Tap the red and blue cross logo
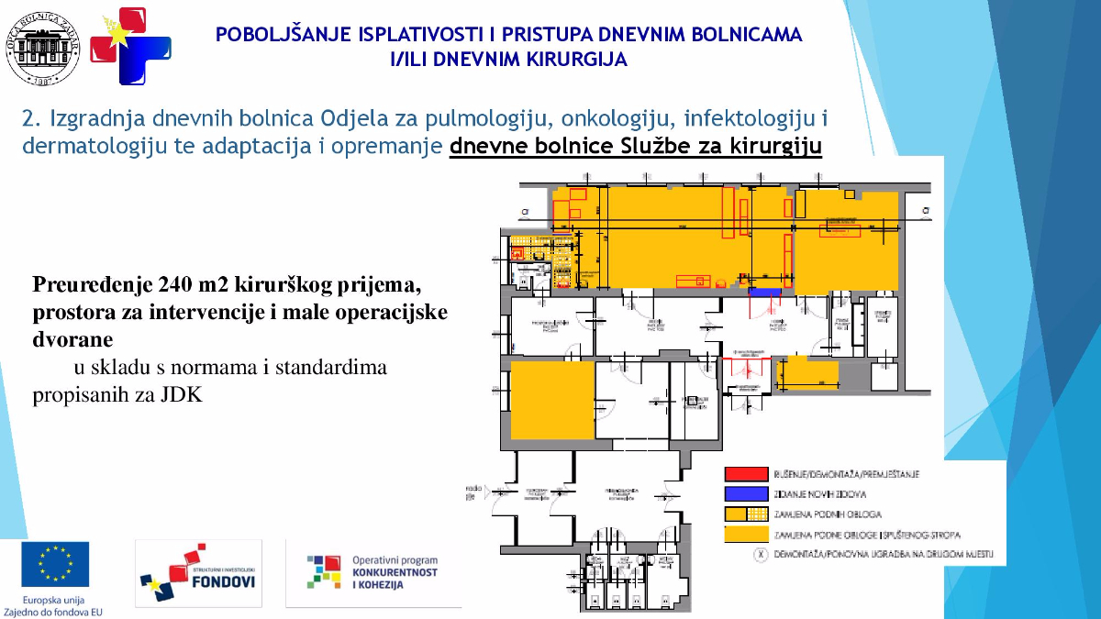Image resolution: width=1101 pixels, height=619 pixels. click(x=130, y=46)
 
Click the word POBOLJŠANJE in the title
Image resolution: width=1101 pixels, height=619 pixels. click(x=274, y=36)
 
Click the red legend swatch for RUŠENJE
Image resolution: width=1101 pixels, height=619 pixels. click(x=746, y=474)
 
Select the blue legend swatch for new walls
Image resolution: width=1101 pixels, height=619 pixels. click(x=746, y=493)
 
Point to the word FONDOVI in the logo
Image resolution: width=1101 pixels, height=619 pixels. click(x=218, y=580)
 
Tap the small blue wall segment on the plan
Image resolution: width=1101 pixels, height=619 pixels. click(x=764, y=292)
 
